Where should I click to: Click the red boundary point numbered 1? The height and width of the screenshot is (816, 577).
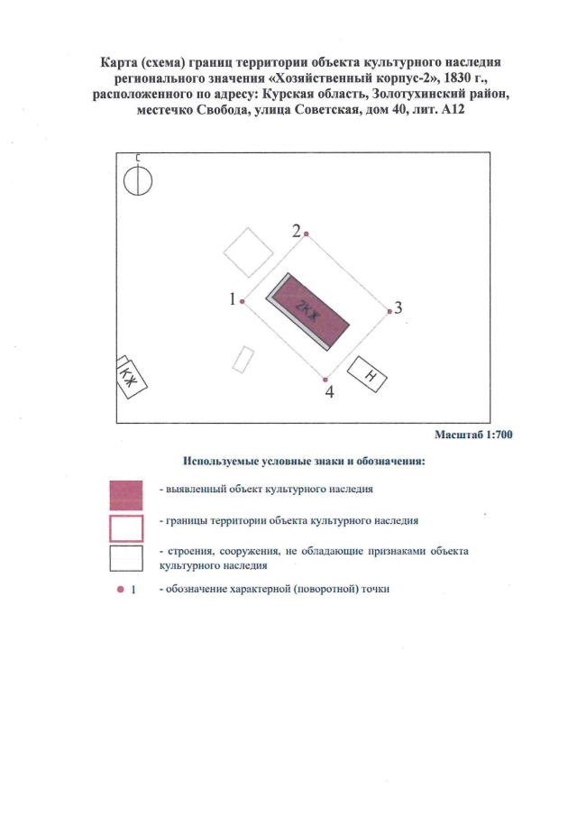[243, 301]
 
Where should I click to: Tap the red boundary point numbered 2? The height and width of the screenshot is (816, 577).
[307, 234]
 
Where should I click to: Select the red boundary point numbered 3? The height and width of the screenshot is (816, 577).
[389, 311]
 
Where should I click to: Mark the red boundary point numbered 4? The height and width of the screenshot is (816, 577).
[325, 380]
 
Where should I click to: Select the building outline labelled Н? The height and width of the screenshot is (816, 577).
[367, 374]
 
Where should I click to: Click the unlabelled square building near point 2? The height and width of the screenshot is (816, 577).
[249, 252]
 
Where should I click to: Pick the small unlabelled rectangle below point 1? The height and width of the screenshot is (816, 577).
[243, 360]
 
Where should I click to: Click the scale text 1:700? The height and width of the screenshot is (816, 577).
[499, 435]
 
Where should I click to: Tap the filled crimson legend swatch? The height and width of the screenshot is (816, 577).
[126, 495]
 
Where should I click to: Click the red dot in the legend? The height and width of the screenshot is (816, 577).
[121, 590]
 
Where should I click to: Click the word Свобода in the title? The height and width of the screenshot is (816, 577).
[224, 110]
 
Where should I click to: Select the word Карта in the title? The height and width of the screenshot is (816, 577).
[116, 62]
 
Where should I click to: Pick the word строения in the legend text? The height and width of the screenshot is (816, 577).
[189, 551]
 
